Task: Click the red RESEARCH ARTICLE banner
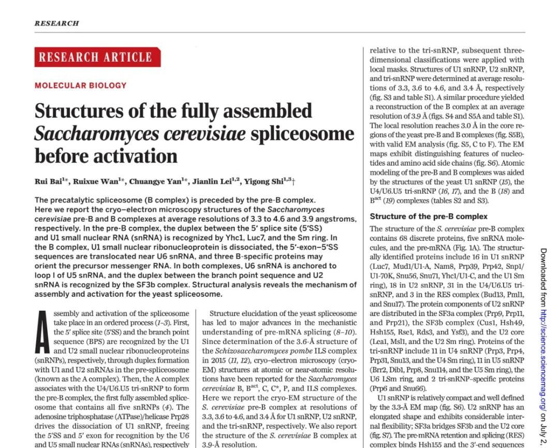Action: coord(97,57)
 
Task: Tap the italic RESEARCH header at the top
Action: coord(56,23)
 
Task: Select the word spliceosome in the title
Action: coord(302,134)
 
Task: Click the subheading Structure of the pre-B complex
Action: coord(429,216)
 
